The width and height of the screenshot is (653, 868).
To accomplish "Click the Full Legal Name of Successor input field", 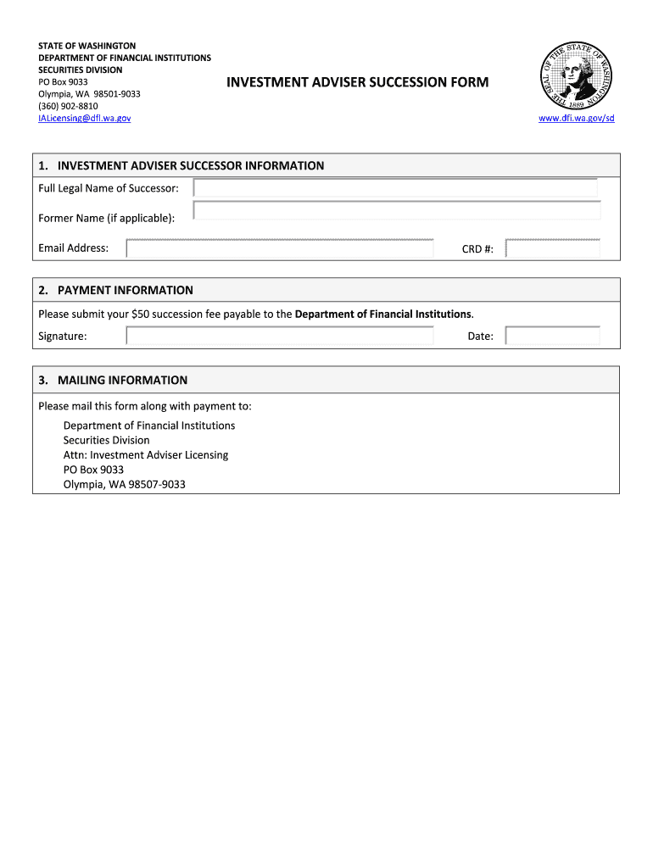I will click(x=395, y=188).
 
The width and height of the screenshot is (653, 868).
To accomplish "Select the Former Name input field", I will click(x=397, y=211).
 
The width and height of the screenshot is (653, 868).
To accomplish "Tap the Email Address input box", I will click(x=280, y=248).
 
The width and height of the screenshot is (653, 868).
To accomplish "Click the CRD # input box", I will click(x=552, y=248).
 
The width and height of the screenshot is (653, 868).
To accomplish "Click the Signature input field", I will click(x=280, y=336).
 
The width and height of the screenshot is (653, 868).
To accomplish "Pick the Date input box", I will click(x=552, y=336).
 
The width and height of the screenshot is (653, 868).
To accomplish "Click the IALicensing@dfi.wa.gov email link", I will click(x=85, y=118).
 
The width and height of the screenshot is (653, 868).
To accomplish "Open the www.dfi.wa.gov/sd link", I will click(x=577, y=118).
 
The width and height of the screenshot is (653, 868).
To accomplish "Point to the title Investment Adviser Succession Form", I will click(x=357, y=82).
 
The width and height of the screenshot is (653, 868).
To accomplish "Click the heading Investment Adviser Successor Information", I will click(x=191, y=165).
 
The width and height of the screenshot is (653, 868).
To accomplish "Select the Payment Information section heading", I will click(x=126, y=290).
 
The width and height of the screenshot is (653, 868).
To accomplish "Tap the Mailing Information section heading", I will click(x=122, y=380).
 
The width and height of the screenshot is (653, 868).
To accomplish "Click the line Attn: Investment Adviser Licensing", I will click(x=146, y=455).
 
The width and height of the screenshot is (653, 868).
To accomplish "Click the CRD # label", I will click(x=477, y=249).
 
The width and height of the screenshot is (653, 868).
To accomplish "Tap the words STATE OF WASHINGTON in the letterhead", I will click(x=87, y=46).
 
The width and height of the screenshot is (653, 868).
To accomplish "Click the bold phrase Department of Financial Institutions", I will click(x=383, y=314).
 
